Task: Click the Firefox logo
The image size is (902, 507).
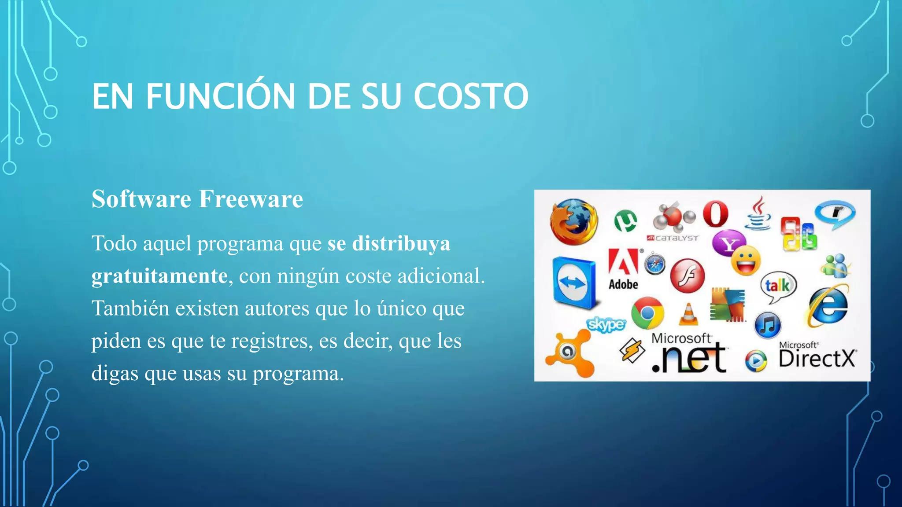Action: [x=574, y=221]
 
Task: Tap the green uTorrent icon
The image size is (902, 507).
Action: [x=625, y=220]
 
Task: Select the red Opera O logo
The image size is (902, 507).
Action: [x=715, y=214]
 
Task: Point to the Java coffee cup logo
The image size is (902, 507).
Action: [x=758, y=214]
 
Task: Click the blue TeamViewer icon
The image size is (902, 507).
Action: [x=573, y=283]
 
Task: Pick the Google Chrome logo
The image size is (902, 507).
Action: [x=647, y=313]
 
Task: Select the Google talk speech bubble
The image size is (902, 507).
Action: [x=778, y=287]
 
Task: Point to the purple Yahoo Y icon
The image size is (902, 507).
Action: [x=728, y=243]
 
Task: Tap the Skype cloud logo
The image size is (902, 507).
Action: [x=606, y=324]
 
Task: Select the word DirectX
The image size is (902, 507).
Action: [x=817, y=359]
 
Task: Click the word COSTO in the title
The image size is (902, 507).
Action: [x=470, y=96]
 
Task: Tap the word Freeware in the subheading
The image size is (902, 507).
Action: [x=251, y=199]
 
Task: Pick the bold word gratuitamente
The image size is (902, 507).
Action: [x=159, y=276]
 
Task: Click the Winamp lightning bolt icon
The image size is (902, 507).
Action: [x=632, y=351]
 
